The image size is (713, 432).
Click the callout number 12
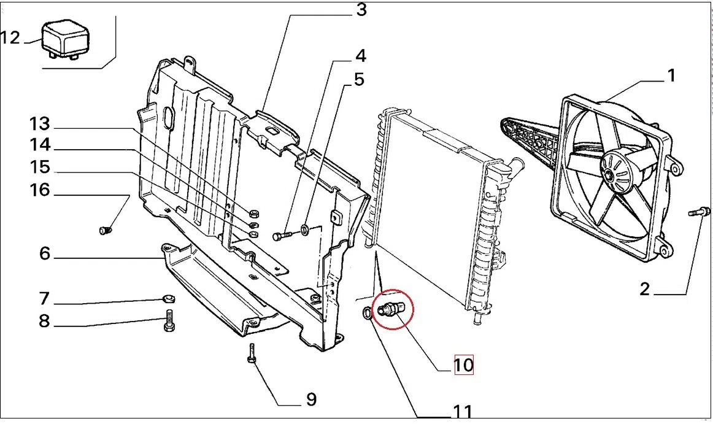pyautogui.click(x=10, y=37)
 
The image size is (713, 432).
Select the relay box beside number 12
pyautogui.click(x=65, y=39)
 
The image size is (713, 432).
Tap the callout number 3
pyautogui.click(x=361, y=10)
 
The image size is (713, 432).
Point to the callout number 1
pyautogui.click(x=671, y=75)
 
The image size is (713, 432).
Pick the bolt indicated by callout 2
pyautogui.click(x=699, y=212)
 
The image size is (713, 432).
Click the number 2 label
pyautogui.click(x=644, y=289)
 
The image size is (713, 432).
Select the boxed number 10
pyautogui.click(x=464, y=365)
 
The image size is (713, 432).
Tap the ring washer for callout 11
pyautogui.click(x=367, y=313)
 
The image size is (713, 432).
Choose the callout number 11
pyautogui.click(x=463, y=412)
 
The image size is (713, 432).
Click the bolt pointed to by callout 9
pyautogui.click(x=252, y=353)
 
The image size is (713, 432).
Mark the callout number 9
pyautogui.click(x=311, y=399)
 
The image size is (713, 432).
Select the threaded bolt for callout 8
pyautogui.click(x=169, y=320)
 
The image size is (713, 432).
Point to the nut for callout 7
pyautogui.click(x=169, y=299)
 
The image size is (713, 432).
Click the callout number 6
pyautogui.click(x=45, y=253)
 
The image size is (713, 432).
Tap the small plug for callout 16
pyautogui.click(x=104, y=231)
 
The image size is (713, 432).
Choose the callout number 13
pyautogui.click(x=39, y=124)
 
